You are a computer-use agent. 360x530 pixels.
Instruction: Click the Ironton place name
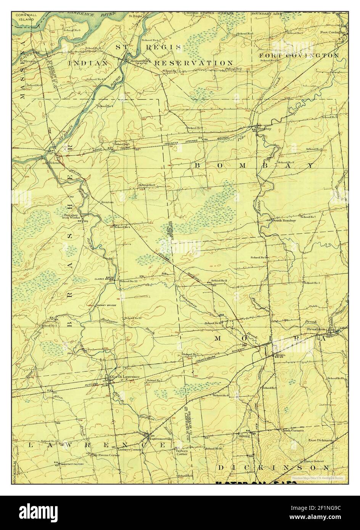tap(107, 202)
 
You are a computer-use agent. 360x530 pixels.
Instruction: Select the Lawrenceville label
tap(161, 439)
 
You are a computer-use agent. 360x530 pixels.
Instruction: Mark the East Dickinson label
tap(321, 440)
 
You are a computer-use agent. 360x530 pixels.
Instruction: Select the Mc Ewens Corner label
tap(107, 455)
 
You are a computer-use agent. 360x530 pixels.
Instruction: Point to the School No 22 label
tap(128, 281)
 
